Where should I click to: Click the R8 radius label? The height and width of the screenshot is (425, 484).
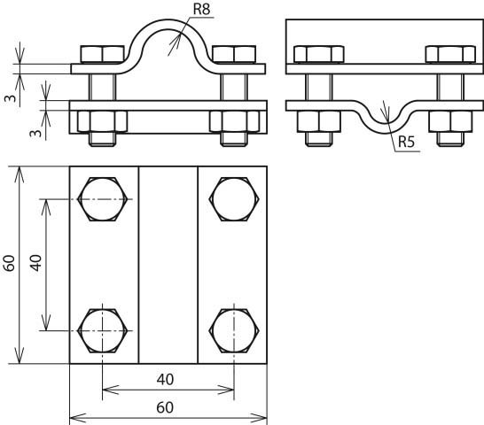(201, 9)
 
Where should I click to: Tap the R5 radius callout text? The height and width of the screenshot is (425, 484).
(406, 142)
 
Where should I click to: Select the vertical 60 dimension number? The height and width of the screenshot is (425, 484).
(10, 263)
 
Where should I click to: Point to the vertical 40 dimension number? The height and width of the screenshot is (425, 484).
(35, 263)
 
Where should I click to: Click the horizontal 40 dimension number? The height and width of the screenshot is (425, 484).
(165, 380)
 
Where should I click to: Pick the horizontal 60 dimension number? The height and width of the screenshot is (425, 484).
(165, 407)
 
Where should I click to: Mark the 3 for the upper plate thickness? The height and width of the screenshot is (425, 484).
(11, 98)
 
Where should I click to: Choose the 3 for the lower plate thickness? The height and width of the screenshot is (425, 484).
(36, 133)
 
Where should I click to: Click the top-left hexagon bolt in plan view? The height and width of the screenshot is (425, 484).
(103, 199)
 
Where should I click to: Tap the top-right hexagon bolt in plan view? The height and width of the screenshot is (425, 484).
(234, 199)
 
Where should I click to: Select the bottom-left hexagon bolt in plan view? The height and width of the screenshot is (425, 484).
(103, 330)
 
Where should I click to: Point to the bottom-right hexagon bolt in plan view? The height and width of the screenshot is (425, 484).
(234, 330)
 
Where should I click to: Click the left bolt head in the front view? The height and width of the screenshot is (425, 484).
(103, 55)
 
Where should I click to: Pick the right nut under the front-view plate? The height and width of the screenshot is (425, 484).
(234, 121)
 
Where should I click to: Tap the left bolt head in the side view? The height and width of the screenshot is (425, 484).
(319, 55)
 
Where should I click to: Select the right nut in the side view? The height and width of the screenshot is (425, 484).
(450, 121)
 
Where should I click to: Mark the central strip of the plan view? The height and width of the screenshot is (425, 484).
(168, 265)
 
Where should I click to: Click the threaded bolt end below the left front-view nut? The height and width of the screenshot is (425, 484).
(103, 139)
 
